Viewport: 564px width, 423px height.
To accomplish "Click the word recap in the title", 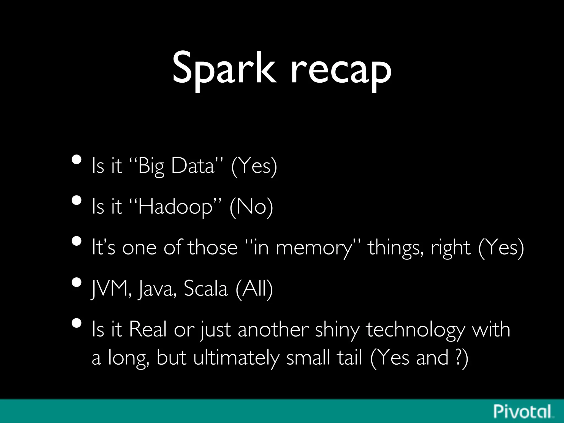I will click(341, 70).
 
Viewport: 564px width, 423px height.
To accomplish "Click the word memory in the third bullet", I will click(314, 247).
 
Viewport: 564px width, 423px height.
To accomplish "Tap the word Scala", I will click(205, 288).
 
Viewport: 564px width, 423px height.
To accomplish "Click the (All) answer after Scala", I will click(254, 288).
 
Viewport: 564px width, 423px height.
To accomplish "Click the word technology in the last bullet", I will click(415, 329).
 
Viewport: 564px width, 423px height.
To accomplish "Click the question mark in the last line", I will click(458, 357).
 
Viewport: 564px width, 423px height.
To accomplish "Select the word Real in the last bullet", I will click(148, 329).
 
